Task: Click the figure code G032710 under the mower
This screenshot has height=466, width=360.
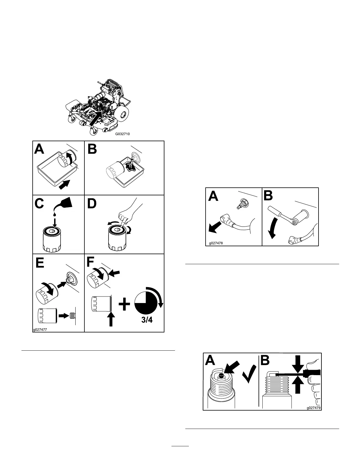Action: coord(122,134)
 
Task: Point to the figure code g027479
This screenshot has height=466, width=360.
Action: coord(313,408)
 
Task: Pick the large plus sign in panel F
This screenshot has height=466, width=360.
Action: coord(124,304)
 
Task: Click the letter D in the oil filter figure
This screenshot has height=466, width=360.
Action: coord(92,204)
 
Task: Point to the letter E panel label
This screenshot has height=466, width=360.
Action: coord(40,262)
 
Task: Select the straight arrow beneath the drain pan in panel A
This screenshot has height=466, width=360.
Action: coord(65,185)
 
